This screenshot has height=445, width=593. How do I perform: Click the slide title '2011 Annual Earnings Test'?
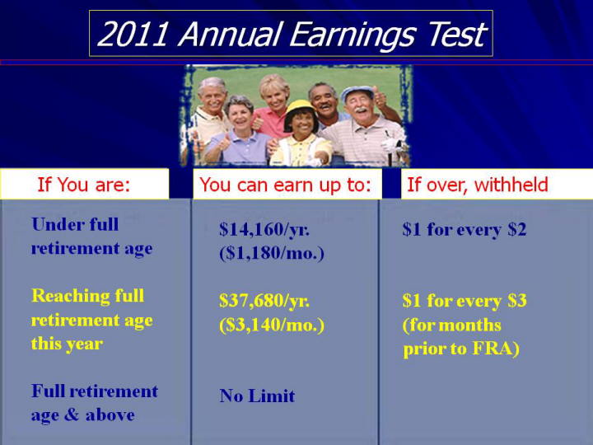tap(292, 34)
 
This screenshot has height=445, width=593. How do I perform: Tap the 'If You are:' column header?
tap(83, 185)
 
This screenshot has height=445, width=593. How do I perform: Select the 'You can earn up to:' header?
tap(286, 185)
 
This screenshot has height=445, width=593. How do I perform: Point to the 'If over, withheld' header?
tap(477, 185)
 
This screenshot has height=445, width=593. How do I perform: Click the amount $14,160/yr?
tap(264, 229)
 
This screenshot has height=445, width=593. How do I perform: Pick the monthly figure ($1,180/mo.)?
tap(272, 254)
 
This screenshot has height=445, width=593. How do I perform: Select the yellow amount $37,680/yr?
tap(264, 301)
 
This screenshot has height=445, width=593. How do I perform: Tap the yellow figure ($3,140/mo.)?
tap(272, 325)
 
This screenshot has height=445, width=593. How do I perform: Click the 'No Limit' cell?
tap(257, 396)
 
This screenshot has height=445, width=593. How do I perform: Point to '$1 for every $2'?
tap(465, 229)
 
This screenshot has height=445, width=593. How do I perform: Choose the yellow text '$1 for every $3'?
tap(465, 301)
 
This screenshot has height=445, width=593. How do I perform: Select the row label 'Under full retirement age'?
tap(92, 237)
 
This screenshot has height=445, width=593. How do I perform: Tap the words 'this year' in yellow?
tap(67, 344)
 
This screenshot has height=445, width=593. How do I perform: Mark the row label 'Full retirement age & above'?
tap(95, 403)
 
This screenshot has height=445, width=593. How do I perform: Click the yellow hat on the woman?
tap(301, 109)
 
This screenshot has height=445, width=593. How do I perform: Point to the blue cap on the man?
tap(357, 92)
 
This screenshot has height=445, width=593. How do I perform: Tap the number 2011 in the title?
tap(133, 35)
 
